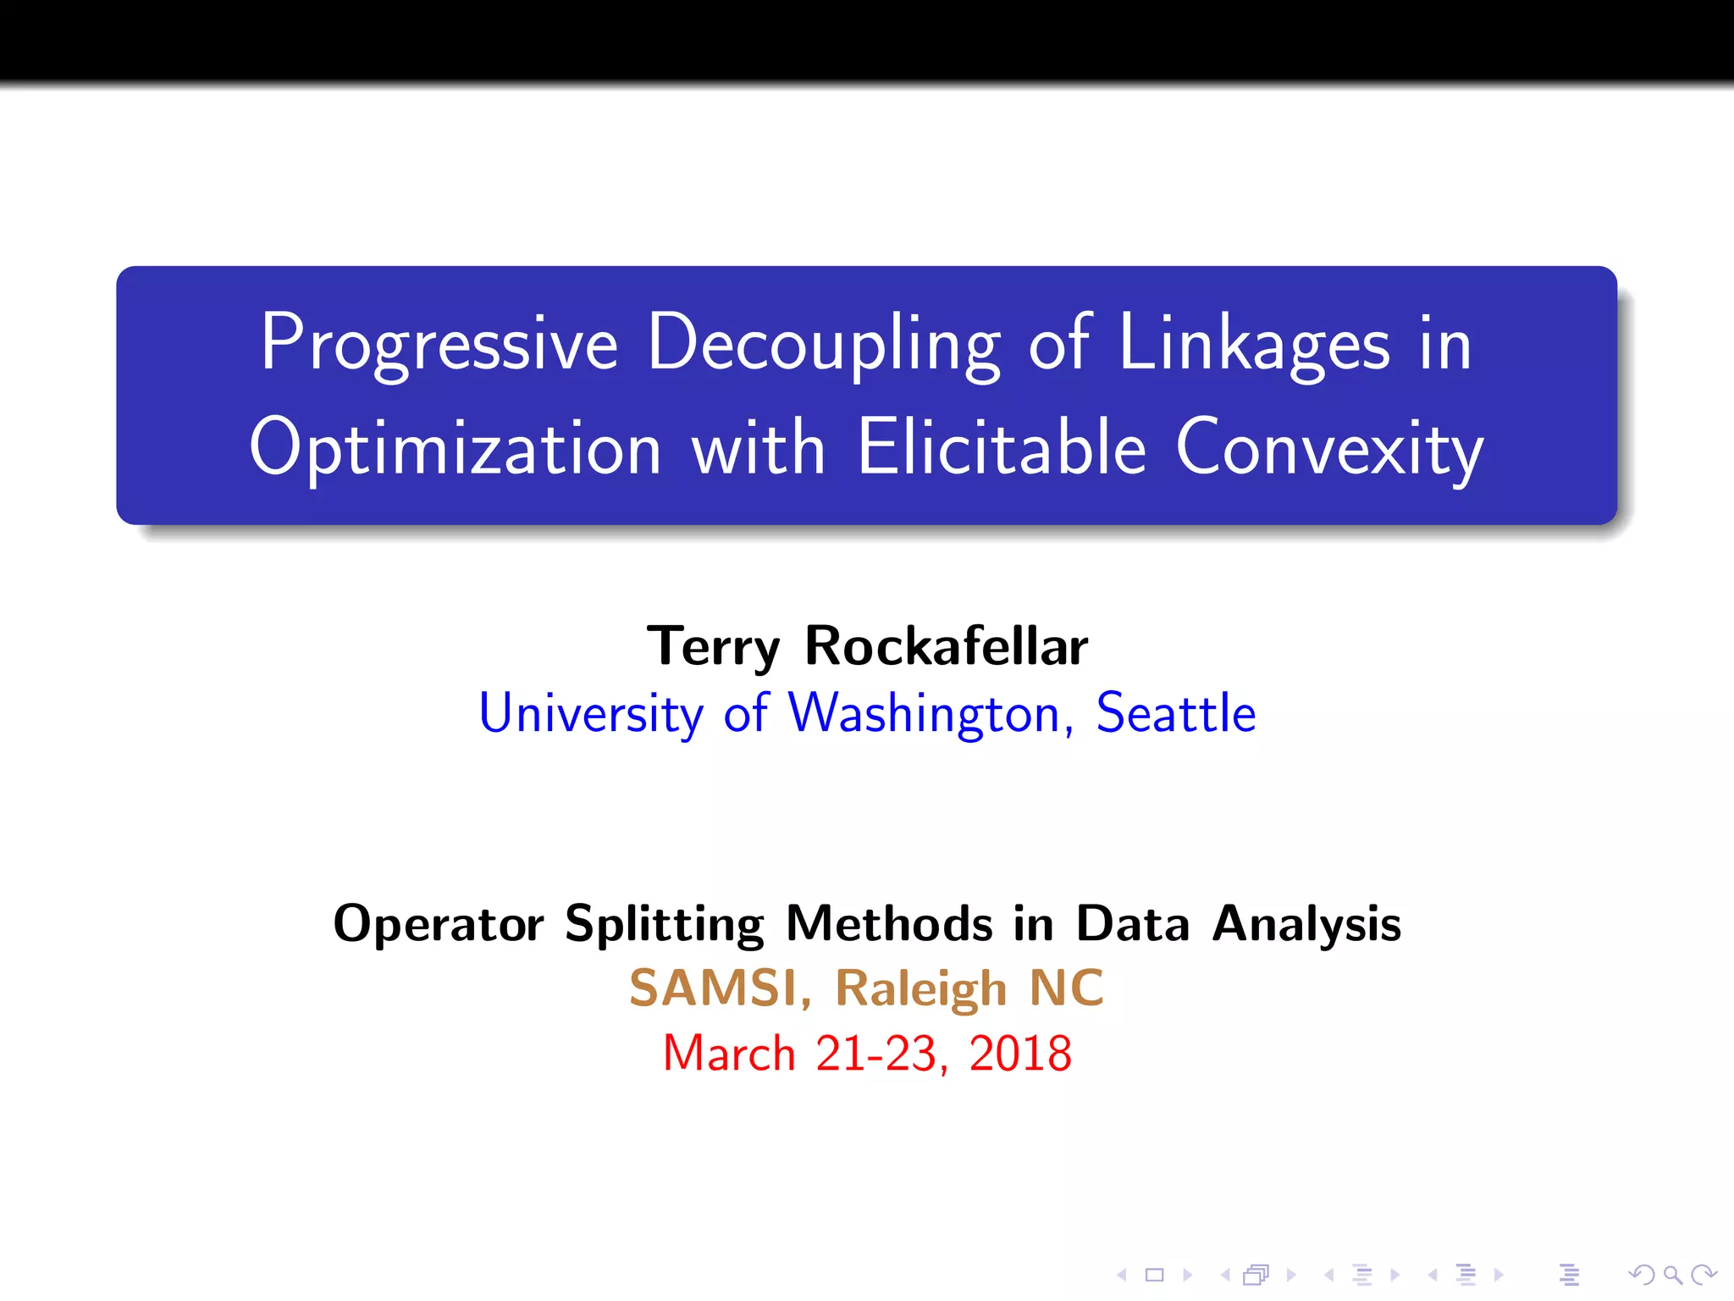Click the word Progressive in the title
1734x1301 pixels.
[439, 343]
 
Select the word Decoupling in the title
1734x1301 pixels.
[825, 343]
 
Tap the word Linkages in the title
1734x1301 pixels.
[1254, 343]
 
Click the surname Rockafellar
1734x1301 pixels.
[946, 646]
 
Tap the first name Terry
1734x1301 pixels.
[713, 646]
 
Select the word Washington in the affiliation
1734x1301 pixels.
[925, 713]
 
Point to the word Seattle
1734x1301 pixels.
[1175, 713]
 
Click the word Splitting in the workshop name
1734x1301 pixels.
[664, 923]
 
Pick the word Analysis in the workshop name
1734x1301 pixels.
[1306, 923]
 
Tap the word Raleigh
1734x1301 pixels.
[920, 988]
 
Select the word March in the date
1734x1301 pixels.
[729, 1054]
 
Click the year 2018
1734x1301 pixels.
[1020, 1054]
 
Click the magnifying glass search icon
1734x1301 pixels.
[1672, 1275]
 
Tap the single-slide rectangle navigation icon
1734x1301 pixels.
[1155, 1275]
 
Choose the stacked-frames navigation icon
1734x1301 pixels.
[1256, 1275]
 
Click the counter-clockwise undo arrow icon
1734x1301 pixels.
[1642, 1275]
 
